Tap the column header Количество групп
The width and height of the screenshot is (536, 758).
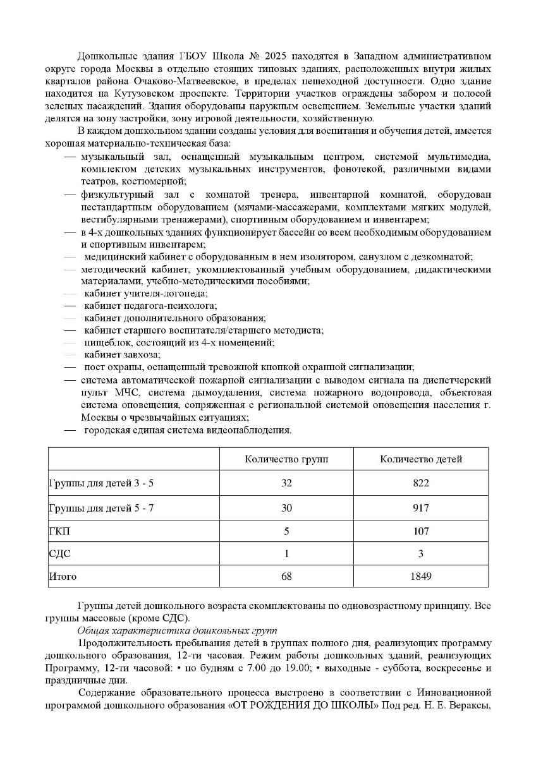click(287, 459)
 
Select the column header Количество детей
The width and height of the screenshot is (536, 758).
click(421, 459)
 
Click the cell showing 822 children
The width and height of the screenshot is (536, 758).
click(421, 483)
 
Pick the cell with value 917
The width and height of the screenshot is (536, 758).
click(421, 507)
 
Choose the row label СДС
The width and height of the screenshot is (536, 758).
click(60, 554)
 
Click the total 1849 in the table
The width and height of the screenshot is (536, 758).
click(421, 577)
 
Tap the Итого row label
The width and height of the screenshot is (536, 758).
click(63, 577)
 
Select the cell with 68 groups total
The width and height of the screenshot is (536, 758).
click(287, 577)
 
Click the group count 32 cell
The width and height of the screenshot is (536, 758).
click(287, 483)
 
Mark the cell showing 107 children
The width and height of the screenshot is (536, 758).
click(421, 531)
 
